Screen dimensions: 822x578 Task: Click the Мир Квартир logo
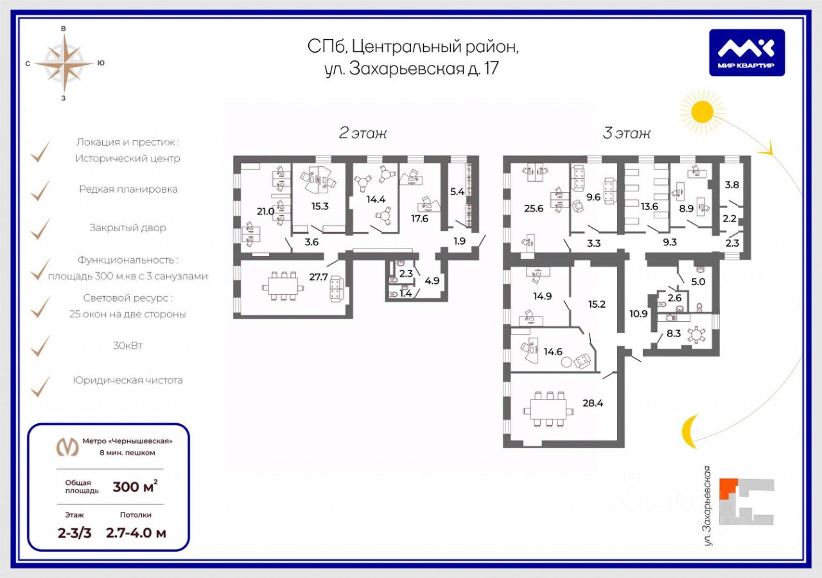747,53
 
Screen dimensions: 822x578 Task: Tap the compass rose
63,63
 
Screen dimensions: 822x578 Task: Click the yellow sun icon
702,111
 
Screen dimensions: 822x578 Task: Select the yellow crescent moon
688,431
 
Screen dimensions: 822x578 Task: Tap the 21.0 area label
266,211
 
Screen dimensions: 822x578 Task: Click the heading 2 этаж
363,134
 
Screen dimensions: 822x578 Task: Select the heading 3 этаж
626,134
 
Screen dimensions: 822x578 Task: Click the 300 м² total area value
135,487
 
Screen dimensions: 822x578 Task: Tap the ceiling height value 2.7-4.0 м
136,533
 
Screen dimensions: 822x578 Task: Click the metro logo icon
68,446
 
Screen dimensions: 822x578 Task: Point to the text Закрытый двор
128,228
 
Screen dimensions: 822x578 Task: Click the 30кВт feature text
128,346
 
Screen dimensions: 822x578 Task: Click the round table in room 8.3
695,334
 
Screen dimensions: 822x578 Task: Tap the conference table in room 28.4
548,408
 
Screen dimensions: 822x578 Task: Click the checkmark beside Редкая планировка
41,189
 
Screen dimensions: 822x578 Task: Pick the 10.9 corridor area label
639,313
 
